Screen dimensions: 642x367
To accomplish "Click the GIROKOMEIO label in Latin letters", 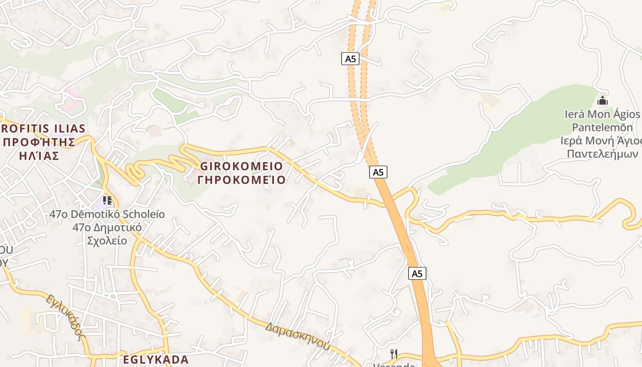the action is point(242,166).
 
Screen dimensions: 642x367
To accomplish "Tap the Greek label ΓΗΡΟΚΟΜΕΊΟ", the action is point(242,179).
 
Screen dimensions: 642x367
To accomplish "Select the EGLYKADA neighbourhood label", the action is point(156,359).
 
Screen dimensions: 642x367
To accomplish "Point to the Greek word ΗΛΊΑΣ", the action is point(39,156).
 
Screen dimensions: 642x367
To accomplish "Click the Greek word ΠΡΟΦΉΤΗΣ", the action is point(39,142).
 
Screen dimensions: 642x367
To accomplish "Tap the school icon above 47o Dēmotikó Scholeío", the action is point(107,200).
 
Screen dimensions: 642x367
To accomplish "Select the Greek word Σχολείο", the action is point(107,240).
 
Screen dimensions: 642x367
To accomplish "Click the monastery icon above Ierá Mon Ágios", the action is point(603,100).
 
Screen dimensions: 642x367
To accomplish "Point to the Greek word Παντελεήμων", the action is point(603,154).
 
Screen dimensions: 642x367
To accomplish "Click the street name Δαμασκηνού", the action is point(297,336).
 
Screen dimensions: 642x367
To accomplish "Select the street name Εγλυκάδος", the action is point(66,317).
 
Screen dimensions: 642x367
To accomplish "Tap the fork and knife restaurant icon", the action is point(393,354).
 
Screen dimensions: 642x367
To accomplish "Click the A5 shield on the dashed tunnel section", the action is point(350,59).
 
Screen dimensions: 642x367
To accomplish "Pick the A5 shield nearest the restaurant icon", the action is point(417,273).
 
